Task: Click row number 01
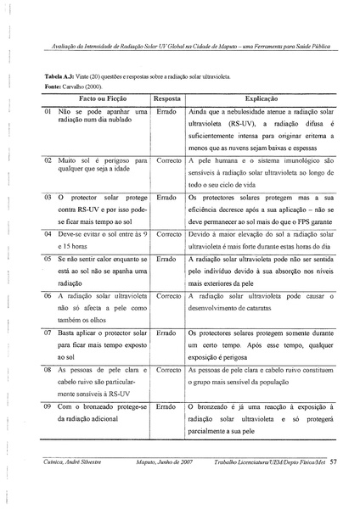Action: click(48, 112)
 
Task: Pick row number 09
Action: click(48, 408)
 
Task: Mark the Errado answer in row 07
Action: click(167, 334)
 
